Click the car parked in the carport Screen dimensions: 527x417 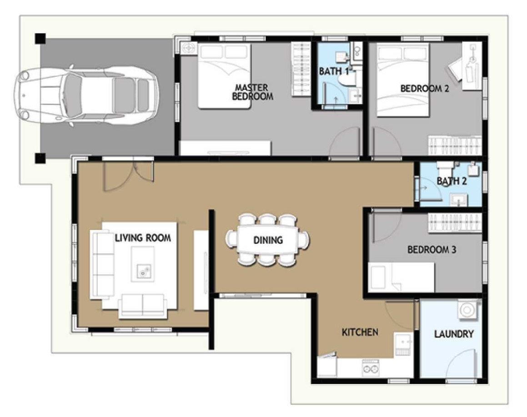86,95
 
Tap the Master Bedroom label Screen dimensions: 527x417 252,92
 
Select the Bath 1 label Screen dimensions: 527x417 334,71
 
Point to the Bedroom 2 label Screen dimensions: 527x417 425,88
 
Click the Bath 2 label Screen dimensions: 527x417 452,181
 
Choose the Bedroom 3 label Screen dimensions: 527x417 432,250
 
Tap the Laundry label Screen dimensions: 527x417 454,334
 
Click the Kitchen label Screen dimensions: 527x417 360,332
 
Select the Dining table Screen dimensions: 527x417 267,240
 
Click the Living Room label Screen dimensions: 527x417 143,238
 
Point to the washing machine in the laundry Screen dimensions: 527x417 467,309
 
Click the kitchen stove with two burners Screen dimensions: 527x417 371,368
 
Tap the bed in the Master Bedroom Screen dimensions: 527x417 224,75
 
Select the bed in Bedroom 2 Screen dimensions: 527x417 403,80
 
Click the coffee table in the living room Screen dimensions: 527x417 143,264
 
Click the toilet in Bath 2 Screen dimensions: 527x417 444,167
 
